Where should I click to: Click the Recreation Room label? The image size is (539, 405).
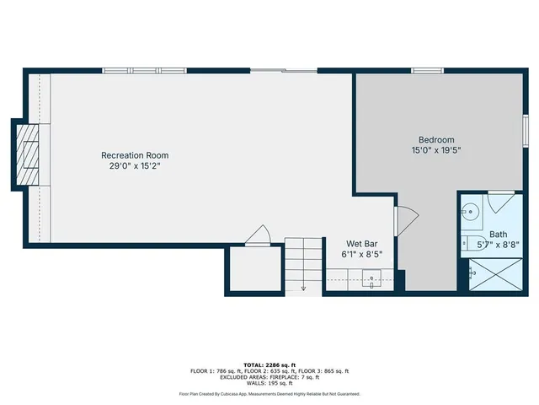pos(135,155)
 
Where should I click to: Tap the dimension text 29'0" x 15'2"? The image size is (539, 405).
pos(135,166)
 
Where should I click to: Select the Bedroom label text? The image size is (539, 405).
pos(436,140)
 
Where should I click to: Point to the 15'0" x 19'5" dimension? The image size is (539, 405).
pos(436,151)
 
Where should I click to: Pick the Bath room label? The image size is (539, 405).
pos(499,234)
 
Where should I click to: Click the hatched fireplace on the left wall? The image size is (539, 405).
pos(29,155)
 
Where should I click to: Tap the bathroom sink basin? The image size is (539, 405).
pos(472,212)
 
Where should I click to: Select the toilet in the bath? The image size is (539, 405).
pos(468,243)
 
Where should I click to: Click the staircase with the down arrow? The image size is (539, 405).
pos(302,266)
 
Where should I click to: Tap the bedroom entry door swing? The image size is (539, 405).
pos(401,220)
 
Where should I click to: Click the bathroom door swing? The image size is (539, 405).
pos(502,202)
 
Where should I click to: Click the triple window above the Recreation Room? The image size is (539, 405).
pos(144,70)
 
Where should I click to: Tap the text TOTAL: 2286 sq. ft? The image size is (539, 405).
pos(269,364)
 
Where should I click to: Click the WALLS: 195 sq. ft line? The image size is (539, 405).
pos(269,382)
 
